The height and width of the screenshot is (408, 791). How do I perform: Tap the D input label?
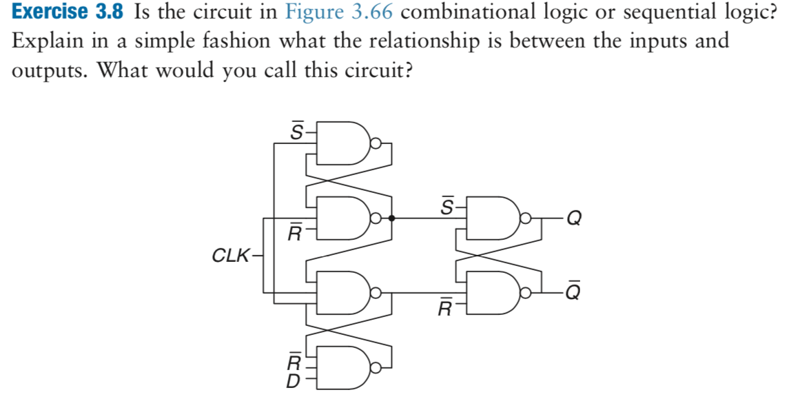(x=293, y=379)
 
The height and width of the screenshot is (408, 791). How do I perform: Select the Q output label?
(x=574, y=219)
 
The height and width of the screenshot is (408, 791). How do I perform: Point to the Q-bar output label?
(x=573, y=292)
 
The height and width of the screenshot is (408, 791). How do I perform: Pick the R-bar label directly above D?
(x=293, y=360)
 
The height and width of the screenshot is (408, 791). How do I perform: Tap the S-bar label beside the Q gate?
(x=447, y=205)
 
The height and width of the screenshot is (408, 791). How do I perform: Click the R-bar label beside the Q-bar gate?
(x=447, y=306)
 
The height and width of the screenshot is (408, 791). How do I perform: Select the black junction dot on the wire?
(x=391, y=219)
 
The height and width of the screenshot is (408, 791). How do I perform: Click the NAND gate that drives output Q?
(x=492, y=219)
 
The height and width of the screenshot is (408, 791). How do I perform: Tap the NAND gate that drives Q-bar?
(x=492, y=292)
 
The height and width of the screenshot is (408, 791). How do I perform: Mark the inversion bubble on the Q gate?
(x=525, y=219)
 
